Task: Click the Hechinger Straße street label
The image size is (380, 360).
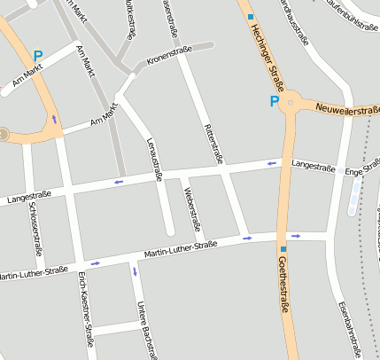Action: coord(266,59)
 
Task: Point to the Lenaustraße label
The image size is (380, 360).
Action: coord(152,160)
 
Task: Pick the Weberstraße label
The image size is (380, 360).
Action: coord(187,205)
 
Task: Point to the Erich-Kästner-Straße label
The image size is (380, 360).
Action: coord(88,311)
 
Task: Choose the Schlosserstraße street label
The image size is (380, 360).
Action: coord(35,229)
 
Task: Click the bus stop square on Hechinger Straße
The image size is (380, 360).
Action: coord(251,17)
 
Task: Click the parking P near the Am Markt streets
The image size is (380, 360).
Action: coord(38,55)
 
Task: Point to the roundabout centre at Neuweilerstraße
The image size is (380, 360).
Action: coord(290,103)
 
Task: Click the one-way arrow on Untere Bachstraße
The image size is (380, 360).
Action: coord(135,270)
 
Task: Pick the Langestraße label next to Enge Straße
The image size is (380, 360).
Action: coord(314,166)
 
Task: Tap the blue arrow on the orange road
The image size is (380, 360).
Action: coord(55,119)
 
